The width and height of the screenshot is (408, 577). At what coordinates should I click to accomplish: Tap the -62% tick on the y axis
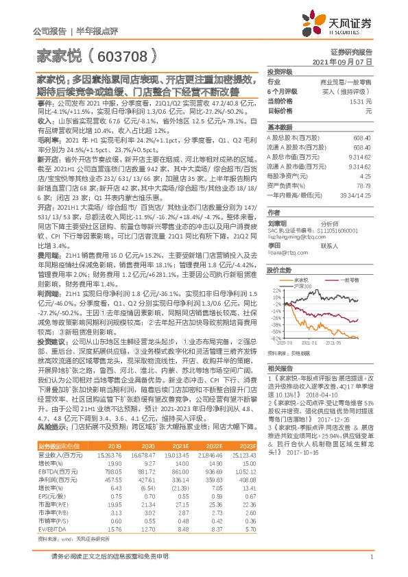[274, 338]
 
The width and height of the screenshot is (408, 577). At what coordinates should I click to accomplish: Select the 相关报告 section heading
[279, 369]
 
